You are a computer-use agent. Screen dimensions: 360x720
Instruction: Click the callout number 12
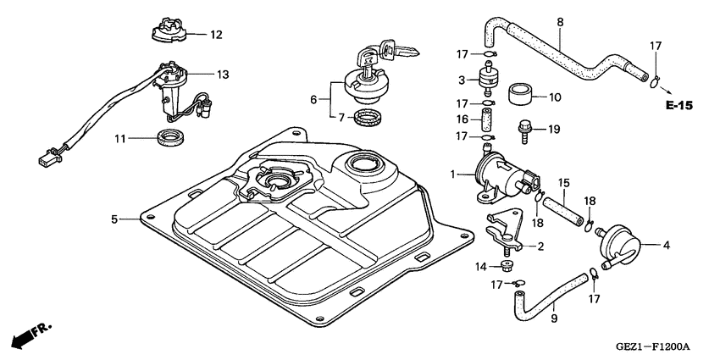pos(216,35)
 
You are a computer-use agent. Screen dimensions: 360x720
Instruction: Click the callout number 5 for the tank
pos(114,219)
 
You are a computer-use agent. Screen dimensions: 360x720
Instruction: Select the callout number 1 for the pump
pos(454,174)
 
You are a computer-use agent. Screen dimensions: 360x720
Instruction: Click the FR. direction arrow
pos(30,334)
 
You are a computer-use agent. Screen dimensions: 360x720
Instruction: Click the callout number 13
pos(222,75)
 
